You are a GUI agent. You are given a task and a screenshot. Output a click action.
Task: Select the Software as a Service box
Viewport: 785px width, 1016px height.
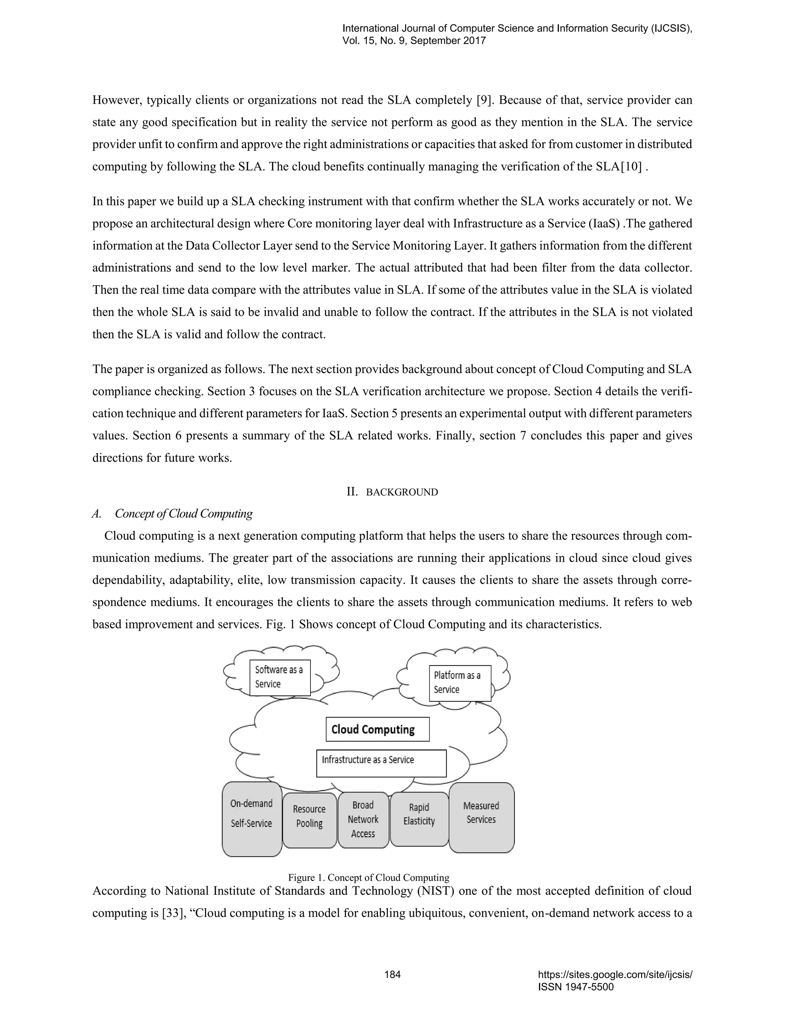279,677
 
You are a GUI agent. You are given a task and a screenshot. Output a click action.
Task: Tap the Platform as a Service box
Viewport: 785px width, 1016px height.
460,683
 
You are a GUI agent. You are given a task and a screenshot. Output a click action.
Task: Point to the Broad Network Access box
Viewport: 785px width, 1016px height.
363,820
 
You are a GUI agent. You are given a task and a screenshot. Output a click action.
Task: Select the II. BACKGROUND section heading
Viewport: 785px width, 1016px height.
392,492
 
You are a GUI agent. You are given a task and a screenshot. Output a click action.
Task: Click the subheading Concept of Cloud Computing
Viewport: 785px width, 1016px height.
184,514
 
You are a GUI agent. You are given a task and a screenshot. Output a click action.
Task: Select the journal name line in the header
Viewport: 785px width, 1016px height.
517,28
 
